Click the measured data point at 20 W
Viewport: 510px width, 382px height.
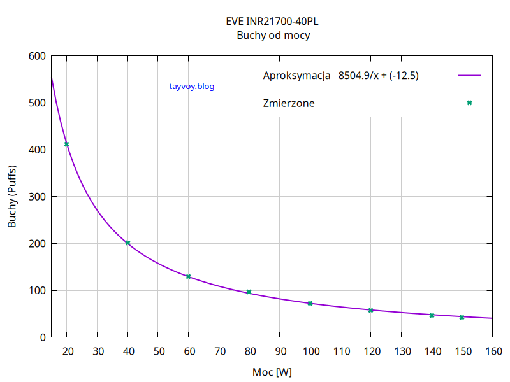click(x=66, y=145)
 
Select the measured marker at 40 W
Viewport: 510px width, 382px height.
click(x=127, y=243)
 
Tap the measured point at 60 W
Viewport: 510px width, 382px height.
click(x=188, y=276)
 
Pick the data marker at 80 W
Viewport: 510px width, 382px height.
click(x=249, y=292)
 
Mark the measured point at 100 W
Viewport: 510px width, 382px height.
click(x=310, y=303)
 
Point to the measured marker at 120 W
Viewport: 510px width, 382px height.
click(x=370, y=310)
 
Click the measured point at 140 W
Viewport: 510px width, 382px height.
click(x=432, y=315)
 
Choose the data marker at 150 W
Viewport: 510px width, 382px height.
click(x=462, y=317)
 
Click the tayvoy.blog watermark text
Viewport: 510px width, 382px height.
click(x=192, y=87)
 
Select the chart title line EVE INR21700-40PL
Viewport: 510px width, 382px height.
click(x=273, y=21)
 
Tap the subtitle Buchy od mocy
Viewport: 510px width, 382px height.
click(x=273, y=36)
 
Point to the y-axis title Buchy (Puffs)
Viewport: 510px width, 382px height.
click(x=12, y=196)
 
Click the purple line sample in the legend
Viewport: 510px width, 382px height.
click(x=469, y=76)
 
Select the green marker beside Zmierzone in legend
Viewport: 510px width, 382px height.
click(x=469, y=103)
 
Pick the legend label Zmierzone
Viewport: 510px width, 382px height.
click(x=288, y=103)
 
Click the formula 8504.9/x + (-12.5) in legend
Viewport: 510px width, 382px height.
click(x=378, y=76)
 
